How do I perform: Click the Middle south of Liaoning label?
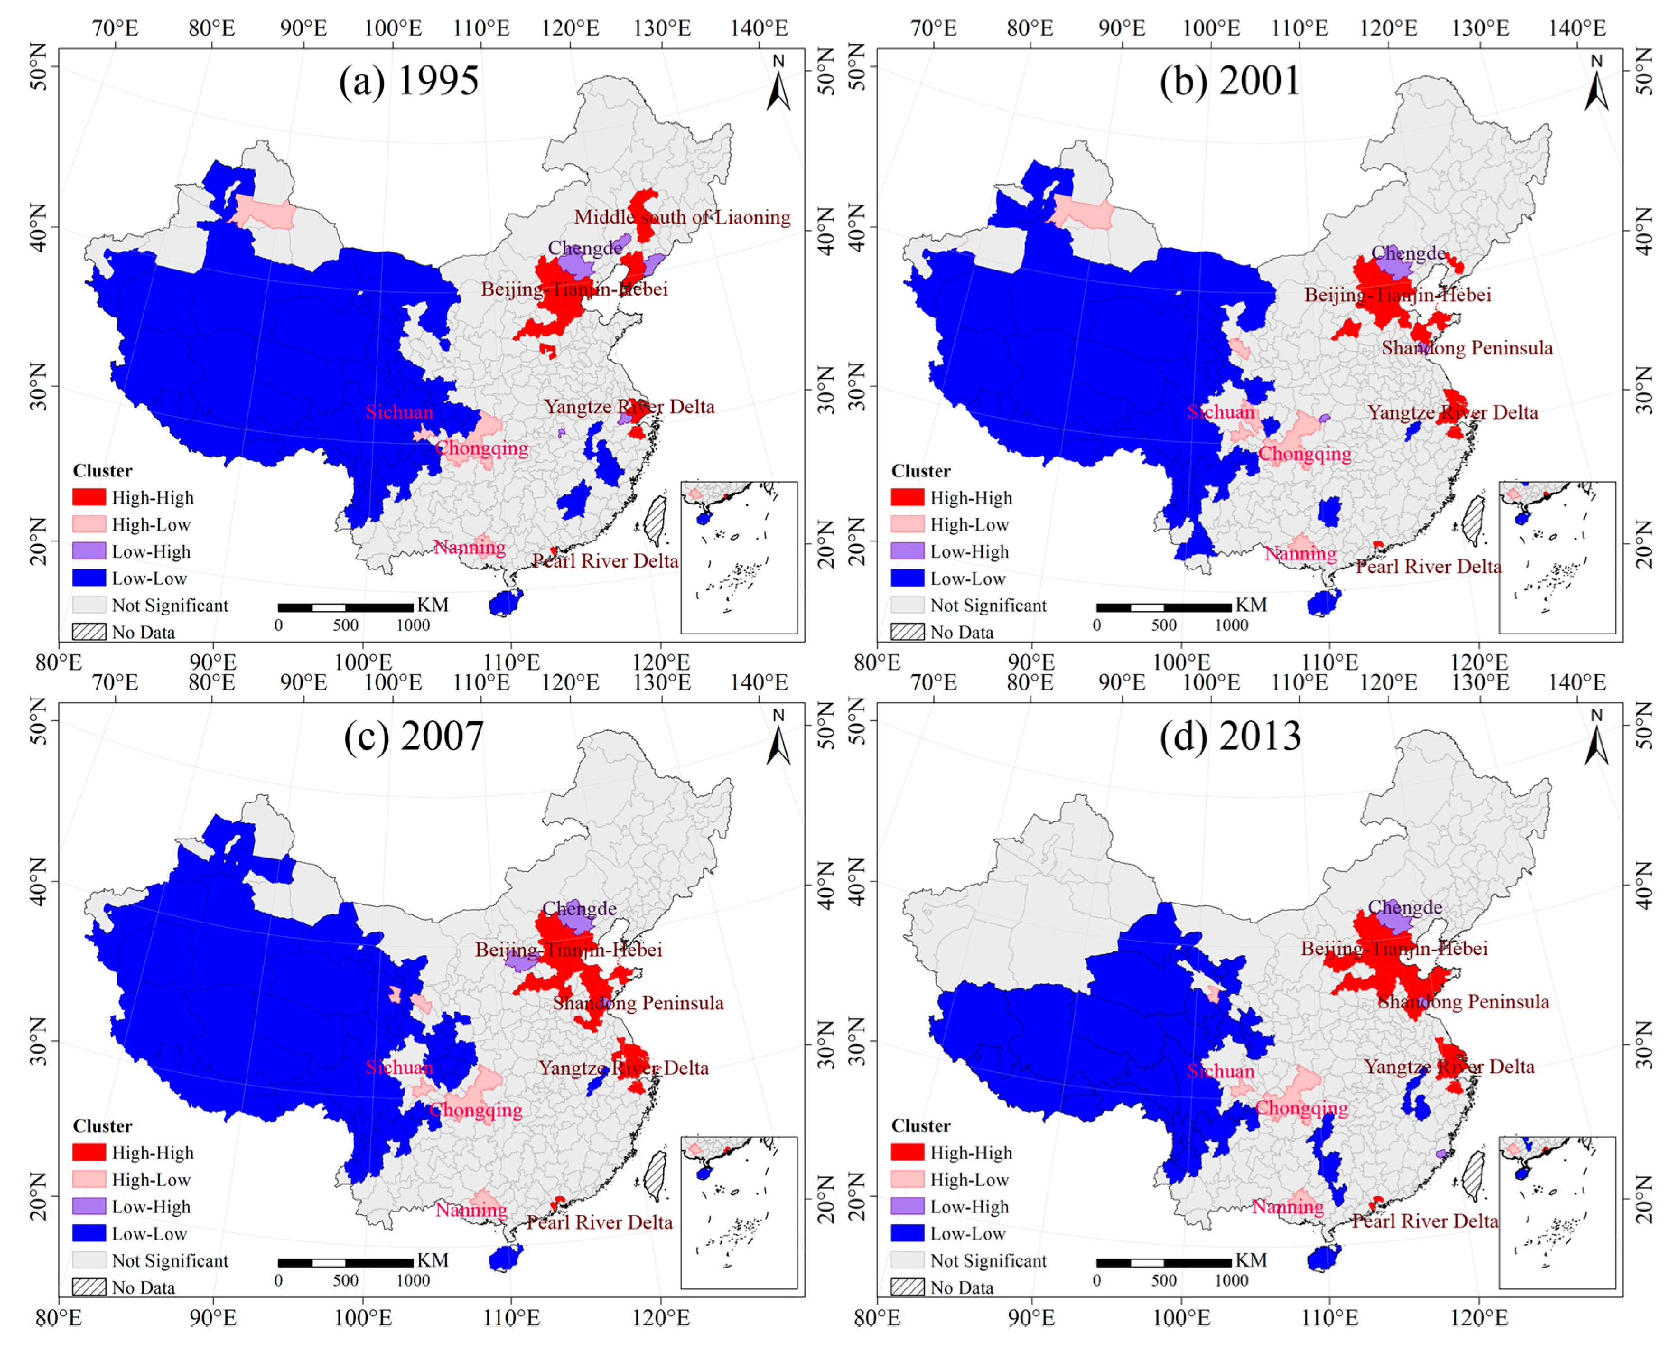[x=682, y=217]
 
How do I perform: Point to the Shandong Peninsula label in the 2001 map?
[x=1467, y=348]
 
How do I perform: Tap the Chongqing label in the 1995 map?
[x=481, y=448]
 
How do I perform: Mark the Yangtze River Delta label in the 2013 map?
[x=1449, y=1067]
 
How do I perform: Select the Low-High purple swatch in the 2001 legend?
[x=907, y=551]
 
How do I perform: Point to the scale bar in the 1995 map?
[x=345, y=607]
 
